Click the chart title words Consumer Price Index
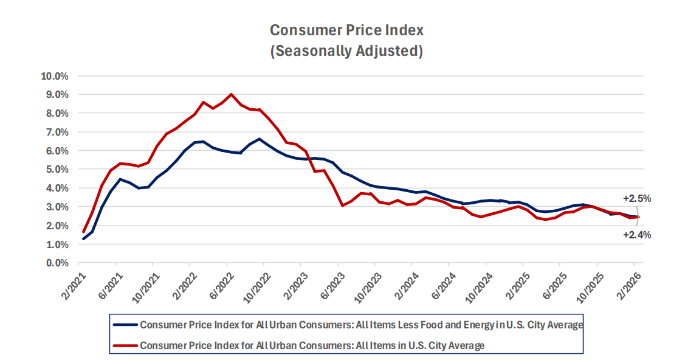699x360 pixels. (346, 30)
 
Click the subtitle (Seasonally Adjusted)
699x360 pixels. (346, 50)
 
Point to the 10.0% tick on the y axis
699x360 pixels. (55, 76)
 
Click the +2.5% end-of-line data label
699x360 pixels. (637, 198)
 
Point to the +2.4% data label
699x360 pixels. (637, 235)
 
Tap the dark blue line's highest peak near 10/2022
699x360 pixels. (260, 139)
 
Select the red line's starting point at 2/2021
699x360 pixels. (83, 232)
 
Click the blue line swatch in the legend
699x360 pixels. (125, 325)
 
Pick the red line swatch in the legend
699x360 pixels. (125, 345)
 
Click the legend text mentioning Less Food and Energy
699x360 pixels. (361, 325)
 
